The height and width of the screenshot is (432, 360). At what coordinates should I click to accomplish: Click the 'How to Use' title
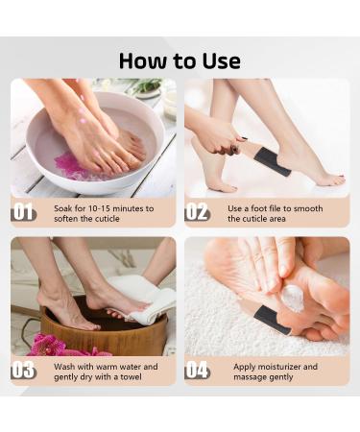tap(180, 60)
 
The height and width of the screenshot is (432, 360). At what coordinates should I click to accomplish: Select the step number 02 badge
tap(198, 212)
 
